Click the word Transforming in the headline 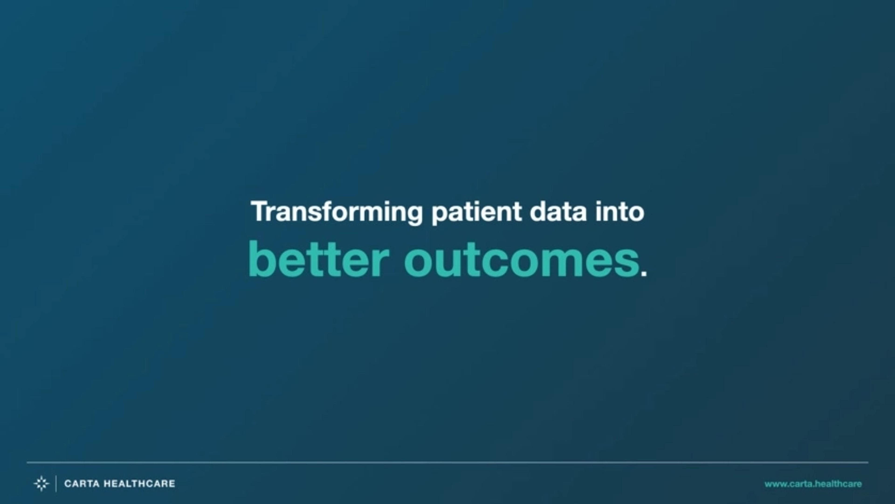(337, 212)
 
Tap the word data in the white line (558, 211)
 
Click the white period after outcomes (644, 273)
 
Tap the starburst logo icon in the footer (41, 483)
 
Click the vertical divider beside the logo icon (56, 483)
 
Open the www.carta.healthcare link (813, 484)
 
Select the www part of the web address (774, 484)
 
